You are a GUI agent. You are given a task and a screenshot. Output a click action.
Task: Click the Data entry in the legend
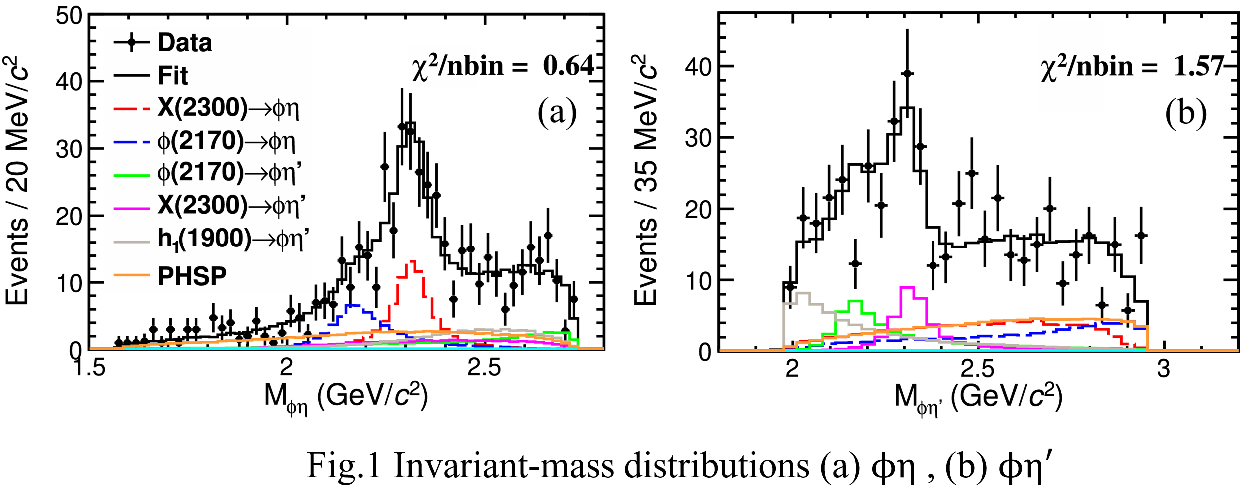point(184,43)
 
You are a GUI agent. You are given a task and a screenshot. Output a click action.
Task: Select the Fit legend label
point(173,76)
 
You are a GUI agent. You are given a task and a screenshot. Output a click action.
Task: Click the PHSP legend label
point(192,276)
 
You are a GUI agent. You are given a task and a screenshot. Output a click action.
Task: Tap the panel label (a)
point(557,112)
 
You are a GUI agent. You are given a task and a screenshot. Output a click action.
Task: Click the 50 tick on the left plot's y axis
point(69,16)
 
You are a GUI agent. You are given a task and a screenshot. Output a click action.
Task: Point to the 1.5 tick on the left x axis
point(89,368)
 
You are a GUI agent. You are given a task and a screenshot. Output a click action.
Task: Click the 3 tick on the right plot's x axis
point(1164,369)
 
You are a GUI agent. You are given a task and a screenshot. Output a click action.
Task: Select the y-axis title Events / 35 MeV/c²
point(646,180)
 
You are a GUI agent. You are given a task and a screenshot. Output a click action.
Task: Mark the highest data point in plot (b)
point(907,74)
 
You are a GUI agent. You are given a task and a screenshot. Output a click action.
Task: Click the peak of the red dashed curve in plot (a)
point(413,261)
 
